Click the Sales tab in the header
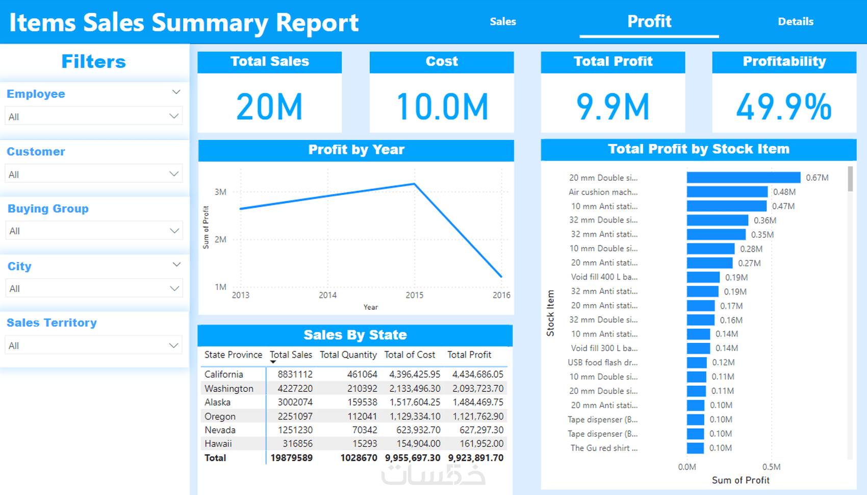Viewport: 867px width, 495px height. tap(503, 21)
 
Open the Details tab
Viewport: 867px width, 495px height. tap(795, 21)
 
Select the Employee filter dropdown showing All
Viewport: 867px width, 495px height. tap(94, 116)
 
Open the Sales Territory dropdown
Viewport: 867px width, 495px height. tap(94, 345)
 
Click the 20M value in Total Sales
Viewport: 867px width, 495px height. tap(269, 107)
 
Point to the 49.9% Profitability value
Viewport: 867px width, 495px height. tap(784, 107)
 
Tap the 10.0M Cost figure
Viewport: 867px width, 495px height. tap(442, 107)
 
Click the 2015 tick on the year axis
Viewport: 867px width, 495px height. tap(414, 295)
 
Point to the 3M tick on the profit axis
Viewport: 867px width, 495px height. tap(220, 192)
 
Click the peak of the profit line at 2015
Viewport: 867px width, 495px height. tap(414, 184)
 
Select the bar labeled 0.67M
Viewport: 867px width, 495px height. tap(743, 178)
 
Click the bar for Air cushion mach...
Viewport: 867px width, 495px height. tap(727, 192)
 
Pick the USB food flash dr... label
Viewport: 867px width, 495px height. tap(602, 362)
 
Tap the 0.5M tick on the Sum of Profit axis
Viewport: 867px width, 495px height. tap(771, 467)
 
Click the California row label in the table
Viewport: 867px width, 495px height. tap(224, 374)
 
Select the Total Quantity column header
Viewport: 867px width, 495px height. tap(348, 355)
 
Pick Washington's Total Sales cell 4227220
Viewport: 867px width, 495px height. tap(295, 388)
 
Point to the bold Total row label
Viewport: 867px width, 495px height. tap(215, 458)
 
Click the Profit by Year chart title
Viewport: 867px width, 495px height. tap(356, 150)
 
